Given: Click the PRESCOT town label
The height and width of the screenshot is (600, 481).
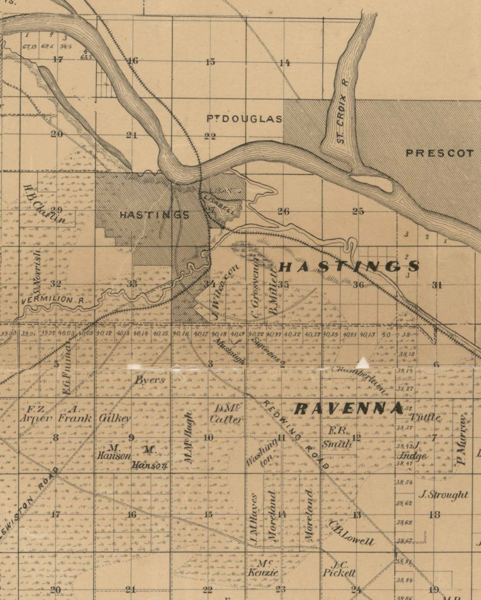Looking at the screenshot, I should [x=440, y=153].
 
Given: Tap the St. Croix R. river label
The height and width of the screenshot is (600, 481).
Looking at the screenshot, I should [x=342, y=111].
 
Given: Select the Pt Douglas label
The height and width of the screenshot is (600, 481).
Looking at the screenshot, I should [x=244, y=119].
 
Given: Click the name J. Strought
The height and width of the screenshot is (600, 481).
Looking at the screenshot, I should [x=443, y=495].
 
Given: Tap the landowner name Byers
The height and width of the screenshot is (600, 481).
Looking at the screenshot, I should [x=150, y=380].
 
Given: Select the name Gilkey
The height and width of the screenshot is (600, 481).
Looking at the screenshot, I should [x=115, y=419].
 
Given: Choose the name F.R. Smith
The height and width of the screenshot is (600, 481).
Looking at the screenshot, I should [x=337, y=438].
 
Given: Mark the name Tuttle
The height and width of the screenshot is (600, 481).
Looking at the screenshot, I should [x=425, y=418].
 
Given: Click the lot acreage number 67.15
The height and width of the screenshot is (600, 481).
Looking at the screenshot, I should [x=29, y=47].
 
